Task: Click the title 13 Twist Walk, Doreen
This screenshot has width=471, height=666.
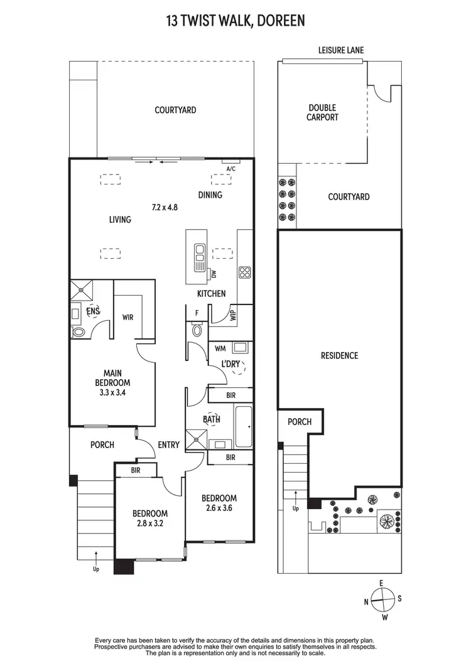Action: [235, 21]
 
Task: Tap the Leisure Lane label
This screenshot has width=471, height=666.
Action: [340, 50]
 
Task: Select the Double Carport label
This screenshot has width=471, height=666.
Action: [322, 112]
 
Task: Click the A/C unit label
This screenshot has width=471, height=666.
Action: [230, 168]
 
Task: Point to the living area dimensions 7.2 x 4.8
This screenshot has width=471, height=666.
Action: [165, 207]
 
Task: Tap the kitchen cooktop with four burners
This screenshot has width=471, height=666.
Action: [245, 272]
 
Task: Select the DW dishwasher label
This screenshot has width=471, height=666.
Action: [214, 274]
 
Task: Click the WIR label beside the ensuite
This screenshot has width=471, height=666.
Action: [128, 317]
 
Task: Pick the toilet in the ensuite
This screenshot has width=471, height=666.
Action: [78, 331]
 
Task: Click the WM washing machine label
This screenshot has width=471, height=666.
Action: [220, 347]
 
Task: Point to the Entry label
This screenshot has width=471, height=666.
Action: [168, 444]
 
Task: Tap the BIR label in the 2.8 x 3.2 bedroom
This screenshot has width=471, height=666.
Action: [135, 470]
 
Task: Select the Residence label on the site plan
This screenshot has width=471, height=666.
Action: [340, 355]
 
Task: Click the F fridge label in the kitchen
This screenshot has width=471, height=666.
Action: [197, 312]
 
